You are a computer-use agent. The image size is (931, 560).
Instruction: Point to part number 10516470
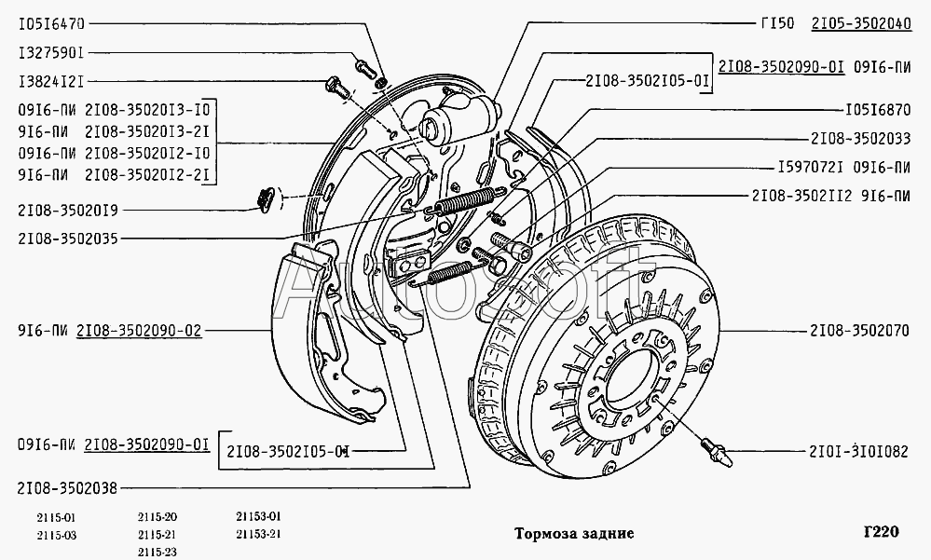click(51, 23)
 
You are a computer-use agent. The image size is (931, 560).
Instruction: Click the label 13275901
click(51, 53)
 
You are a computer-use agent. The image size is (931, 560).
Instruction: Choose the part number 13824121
click(51, 82)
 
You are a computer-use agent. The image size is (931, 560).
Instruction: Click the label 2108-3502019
click(68, 209)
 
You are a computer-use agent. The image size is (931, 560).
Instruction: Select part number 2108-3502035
click(68, 239)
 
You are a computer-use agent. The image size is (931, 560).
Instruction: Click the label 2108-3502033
click(860, 138)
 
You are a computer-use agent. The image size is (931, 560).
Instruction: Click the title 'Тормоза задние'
click(574, 534)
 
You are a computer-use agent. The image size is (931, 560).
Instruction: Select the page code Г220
click(880, 532)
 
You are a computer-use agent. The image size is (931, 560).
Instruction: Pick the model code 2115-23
click(157, 552)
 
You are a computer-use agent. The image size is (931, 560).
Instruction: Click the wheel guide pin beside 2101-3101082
click(716, 453)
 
